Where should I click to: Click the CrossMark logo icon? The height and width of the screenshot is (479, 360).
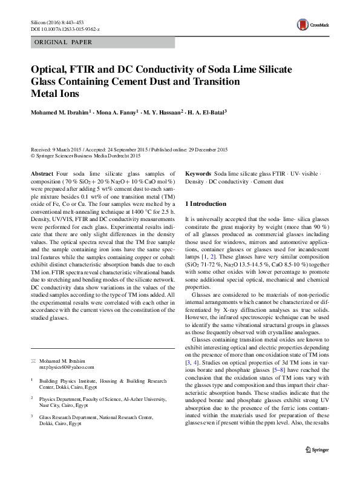click(x=302, y=25)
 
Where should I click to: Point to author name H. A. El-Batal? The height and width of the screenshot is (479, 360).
click(x=204, y=113)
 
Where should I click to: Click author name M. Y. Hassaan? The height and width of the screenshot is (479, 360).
click(x=159, y=113)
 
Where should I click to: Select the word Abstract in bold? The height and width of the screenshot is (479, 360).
click(x=42, y=173)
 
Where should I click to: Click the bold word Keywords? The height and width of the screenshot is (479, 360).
click(x=198, y=173)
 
